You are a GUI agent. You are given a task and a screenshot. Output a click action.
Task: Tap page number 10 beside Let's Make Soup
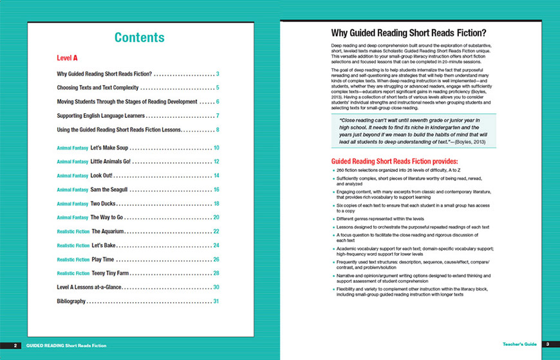[x=217, y=147]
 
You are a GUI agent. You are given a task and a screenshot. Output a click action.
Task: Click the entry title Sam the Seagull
[x=112, y=189]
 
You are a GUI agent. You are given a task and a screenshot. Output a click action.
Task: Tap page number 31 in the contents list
[x=217, y=301]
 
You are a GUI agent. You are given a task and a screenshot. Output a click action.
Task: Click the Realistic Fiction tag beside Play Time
[x=73, y=260]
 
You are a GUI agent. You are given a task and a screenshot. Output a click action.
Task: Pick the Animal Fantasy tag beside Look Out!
[x=72, y=176]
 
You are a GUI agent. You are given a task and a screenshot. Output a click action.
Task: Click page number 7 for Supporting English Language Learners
[x=218, y=116]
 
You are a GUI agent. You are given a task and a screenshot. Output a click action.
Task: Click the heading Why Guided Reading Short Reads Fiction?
[x=408, y=33]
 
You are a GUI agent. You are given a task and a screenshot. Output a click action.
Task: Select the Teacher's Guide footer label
[x=516, y=345]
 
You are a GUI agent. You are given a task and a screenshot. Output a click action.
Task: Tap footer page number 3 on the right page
[x=546, y=345]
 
